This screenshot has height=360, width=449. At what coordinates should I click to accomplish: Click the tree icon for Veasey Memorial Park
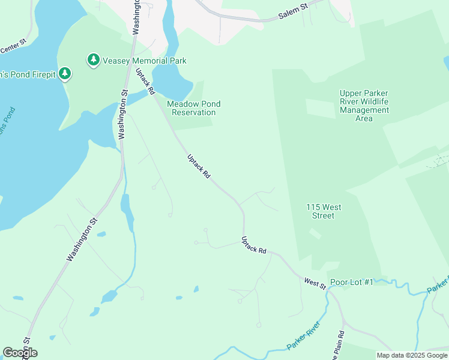point(93,60)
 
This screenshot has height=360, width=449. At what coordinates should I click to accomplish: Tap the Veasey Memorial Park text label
point(145,61)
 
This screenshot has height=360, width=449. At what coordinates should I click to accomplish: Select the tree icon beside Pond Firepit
point(65,74)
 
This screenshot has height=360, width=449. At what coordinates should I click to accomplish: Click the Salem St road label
point(293,13)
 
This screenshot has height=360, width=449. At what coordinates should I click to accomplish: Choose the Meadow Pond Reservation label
point(193,108)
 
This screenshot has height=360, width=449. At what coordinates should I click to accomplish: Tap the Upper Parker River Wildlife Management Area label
point(364,106)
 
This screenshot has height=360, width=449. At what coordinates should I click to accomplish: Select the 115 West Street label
point(324,211)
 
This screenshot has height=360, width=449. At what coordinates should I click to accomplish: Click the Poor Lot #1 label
point(352,282)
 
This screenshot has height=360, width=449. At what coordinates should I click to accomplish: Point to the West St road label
point(315,284)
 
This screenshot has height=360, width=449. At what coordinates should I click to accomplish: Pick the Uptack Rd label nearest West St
point(253,245)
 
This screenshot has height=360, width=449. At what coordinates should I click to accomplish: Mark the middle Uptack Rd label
point(199,166)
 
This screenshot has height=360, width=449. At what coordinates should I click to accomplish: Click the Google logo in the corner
point(20,353)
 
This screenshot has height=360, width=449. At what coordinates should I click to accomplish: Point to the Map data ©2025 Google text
point(412,355)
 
